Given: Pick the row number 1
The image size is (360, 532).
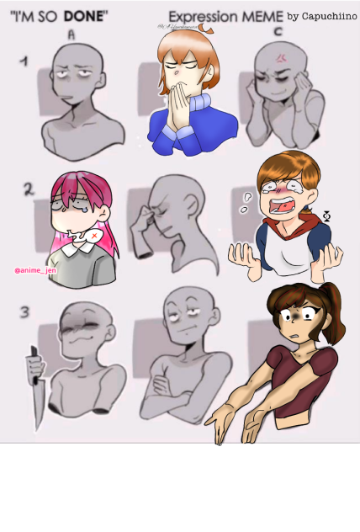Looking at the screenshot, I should pos(25,61).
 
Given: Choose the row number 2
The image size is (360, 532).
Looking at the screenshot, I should pos(28,190).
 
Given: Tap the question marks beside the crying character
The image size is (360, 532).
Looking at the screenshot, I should pos(246,203).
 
